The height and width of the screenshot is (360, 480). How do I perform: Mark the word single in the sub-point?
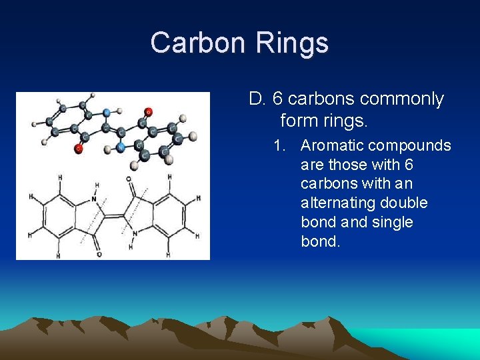(x=390, y=222)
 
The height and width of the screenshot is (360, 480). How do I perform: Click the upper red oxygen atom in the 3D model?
(x=148, y=111)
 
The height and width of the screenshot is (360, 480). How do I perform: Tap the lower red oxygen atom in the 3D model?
(x=79, y=149)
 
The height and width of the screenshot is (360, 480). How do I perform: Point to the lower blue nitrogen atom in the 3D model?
(x=120, y=146)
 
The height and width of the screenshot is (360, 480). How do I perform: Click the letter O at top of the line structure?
(x=128, y=179)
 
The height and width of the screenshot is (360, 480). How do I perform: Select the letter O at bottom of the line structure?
(x=99, y=253)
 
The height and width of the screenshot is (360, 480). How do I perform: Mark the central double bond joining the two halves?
(x=114, y=216)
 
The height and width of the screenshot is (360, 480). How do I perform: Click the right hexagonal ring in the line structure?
(x=168, y=216)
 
